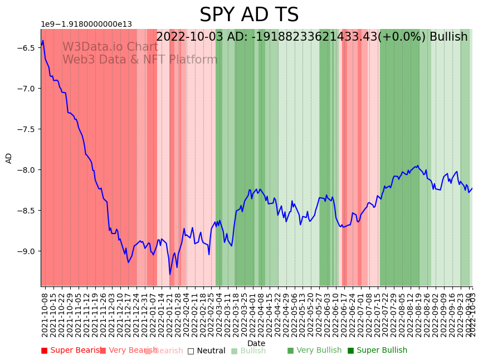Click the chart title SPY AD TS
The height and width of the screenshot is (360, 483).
coord(249,15)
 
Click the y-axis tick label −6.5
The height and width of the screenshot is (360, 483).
coord(27,48)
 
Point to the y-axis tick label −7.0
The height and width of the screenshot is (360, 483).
coord(27,89)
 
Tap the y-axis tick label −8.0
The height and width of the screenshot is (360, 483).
coord(27,170)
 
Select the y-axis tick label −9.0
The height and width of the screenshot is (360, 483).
coord(27,251)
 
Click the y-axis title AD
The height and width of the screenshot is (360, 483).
coord(9,158)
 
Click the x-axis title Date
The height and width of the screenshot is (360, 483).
coord(256,343)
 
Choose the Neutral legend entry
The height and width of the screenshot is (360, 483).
coord(206,351)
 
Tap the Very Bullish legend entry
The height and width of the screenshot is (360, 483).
coord(314,351)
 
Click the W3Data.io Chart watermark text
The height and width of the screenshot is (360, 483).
coord(110,47)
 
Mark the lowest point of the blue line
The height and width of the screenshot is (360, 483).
coord(170,274)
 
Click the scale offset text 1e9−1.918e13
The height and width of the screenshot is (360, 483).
coord(86,24)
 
